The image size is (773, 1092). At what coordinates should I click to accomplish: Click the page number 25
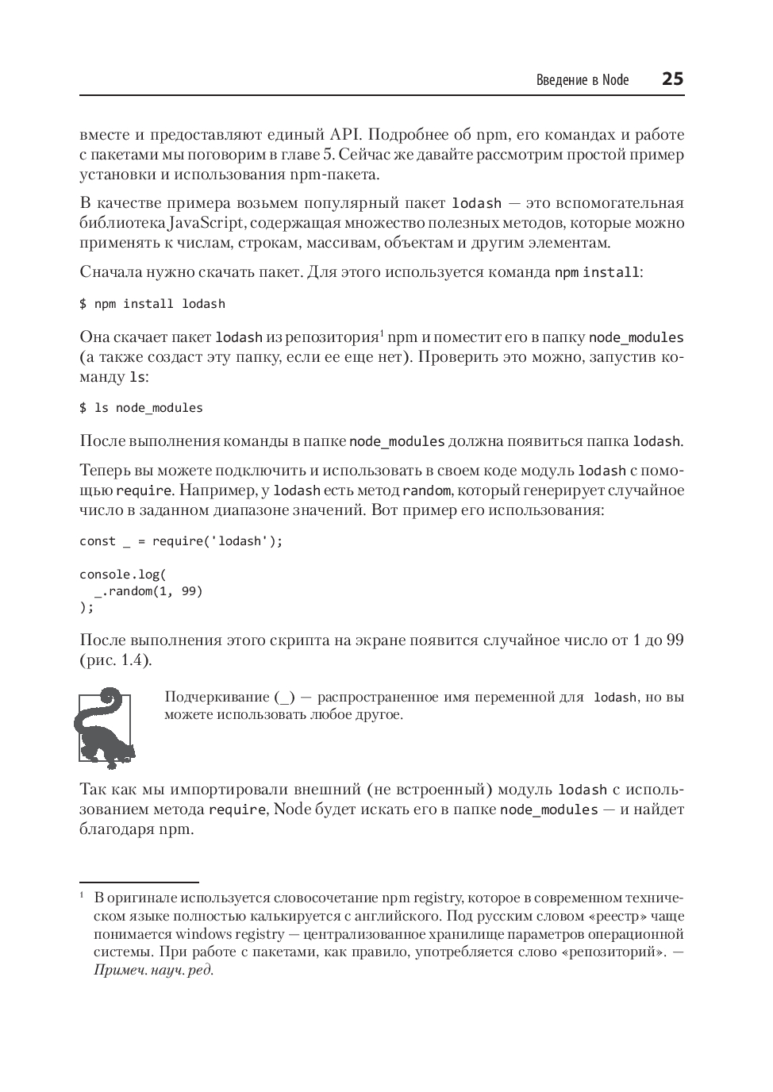click(x=671, y=79)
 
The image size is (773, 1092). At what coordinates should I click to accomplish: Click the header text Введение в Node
click(x=582, y=80)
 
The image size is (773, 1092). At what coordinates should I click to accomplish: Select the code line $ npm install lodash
click(x=152, y=304)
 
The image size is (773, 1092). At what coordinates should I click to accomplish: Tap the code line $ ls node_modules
click(x=141, y=408)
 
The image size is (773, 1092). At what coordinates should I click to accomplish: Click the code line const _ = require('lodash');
click(x=181, y=541)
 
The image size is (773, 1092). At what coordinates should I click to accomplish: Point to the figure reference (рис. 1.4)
click(x=116, y=660)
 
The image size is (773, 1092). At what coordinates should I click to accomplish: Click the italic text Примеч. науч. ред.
click(x=154, y=970)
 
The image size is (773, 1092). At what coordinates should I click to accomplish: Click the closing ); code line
click(x=87, y=608)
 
